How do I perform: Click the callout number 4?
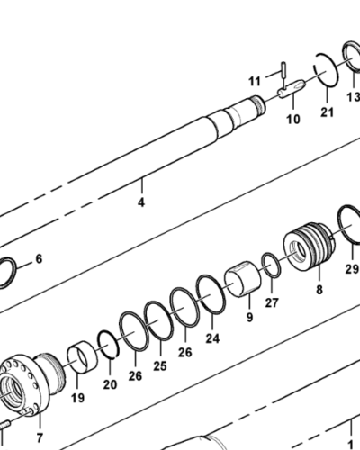[140, 202]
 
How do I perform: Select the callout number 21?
[327, 112]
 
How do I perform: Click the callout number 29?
[351, 268]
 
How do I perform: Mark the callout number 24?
[212, 338]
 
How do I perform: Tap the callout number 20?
[110, 384]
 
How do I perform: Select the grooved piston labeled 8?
[307, 248]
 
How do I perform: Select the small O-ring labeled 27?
[270, 265]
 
